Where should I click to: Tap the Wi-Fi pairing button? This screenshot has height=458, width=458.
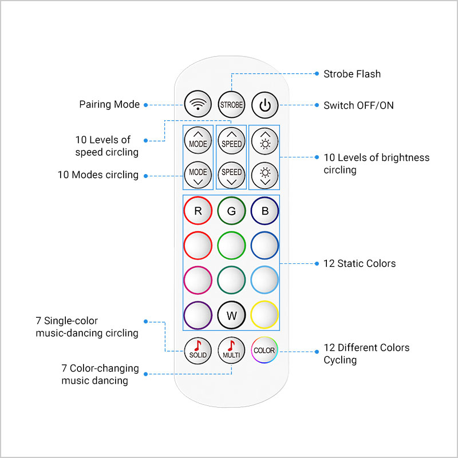click(198, 104)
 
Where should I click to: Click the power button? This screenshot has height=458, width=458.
click(265, 105)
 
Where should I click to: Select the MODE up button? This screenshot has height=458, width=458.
click(198, 140)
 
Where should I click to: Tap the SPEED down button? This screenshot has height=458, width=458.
click(232, 175)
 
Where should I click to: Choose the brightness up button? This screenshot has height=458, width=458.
click(265, 141)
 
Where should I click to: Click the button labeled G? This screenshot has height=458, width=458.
click(231, 211)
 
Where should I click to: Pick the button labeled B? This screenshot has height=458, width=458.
click(264, 211)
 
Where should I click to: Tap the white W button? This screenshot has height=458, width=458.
click(232, 315)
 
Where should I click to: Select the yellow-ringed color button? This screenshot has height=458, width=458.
click(264, 314)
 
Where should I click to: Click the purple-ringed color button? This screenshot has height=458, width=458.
click(198, 315)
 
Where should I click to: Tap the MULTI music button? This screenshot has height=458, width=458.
click(231, 350)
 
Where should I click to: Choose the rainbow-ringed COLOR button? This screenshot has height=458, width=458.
click(264, 350)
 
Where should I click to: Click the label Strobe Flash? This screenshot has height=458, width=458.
click(352, 74)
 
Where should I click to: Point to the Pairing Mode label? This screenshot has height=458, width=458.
click(109, 104)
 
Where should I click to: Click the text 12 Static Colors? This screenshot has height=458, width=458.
click(360, 263)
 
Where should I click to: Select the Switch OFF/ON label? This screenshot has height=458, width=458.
click(359, 105)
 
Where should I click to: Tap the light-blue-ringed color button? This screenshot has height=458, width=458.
click(264, 280)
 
